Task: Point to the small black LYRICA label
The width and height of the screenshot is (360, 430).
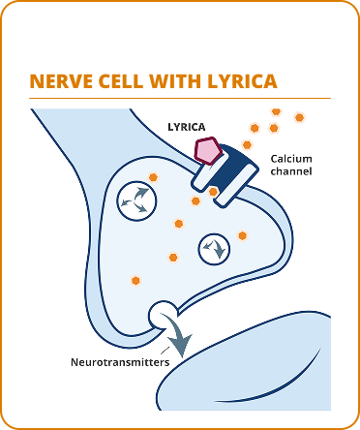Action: (x=186, y=127)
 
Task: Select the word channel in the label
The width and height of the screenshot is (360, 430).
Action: (x=291, y=171)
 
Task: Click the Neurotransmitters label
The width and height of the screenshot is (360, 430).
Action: (x=120, y=362)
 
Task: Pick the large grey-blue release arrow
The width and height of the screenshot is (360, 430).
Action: (x=182, y=341)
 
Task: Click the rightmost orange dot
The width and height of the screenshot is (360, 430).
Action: (x=299, y=117)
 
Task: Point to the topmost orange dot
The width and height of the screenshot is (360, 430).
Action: (x=276, y=112)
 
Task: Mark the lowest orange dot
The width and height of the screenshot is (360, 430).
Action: (x=135, y=280)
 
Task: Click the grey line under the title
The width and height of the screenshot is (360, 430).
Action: (x=180, y=98)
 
